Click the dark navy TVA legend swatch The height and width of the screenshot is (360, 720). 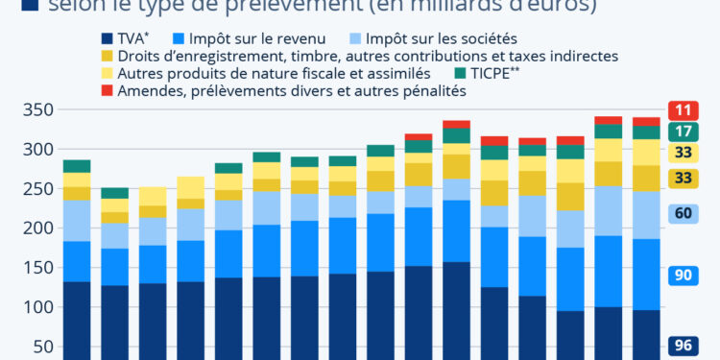pyautogui.click(x=108, y=39)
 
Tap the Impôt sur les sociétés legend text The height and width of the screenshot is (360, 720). pyautogui.click(x=443, y=39)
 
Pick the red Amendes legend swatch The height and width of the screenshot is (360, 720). pyautogui.click(x=108, y=91)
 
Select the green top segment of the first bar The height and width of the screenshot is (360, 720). pyautogui.click(x=77, y=166)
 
